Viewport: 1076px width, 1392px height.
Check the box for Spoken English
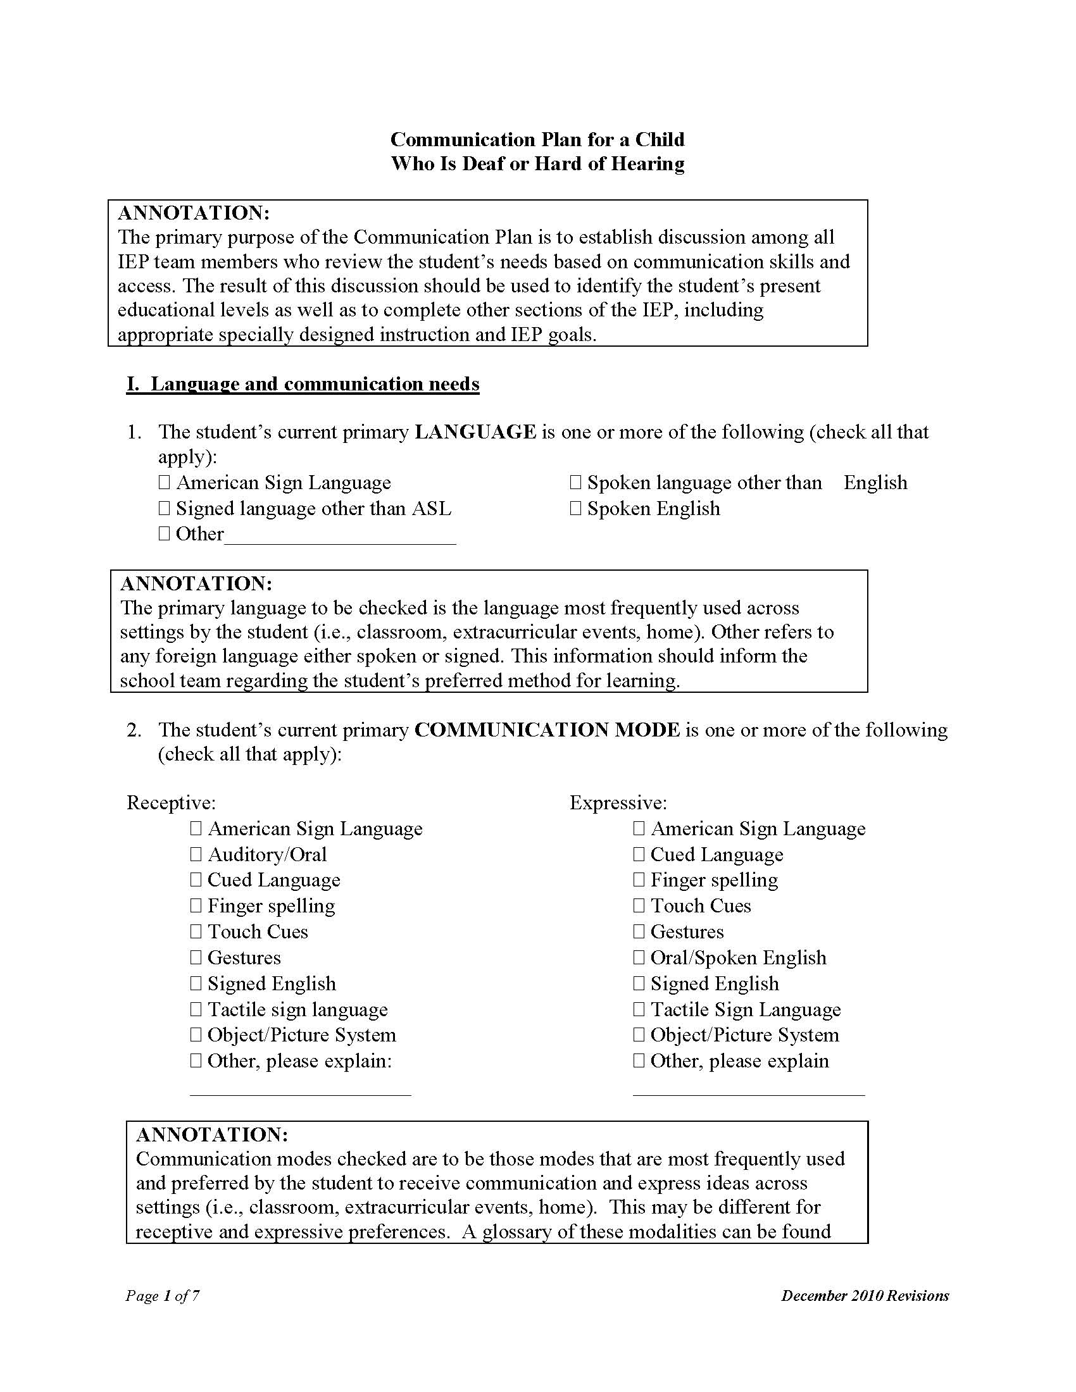coord(575,509)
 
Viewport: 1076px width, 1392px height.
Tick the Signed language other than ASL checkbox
coord(164,509)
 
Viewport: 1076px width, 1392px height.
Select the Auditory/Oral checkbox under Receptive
coord(196,854)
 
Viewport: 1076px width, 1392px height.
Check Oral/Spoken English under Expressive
coord(639,957)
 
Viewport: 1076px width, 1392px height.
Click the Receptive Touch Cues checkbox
coord(196,931)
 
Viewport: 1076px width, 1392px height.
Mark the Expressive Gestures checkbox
coord(639,931)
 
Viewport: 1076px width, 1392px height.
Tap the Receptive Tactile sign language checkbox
coord(196,1009)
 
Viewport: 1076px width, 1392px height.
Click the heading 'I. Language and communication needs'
coord(303,384)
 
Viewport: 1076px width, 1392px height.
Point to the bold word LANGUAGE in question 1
coord(475,432)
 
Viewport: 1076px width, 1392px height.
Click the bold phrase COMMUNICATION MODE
coord(547,730)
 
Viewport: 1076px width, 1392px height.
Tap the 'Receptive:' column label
coord(171,802)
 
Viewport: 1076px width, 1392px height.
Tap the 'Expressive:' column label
coord(618,802)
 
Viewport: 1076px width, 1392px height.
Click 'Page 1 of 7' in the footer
coord(163,1296)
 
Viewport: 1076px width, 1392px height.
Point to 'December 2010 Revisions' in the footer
coord(865,1296)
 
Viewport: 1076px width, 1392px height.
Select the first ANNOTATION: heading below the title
coord(194,213)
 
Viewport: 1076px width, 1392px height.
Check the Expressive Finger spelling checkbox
coord(639,879)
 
